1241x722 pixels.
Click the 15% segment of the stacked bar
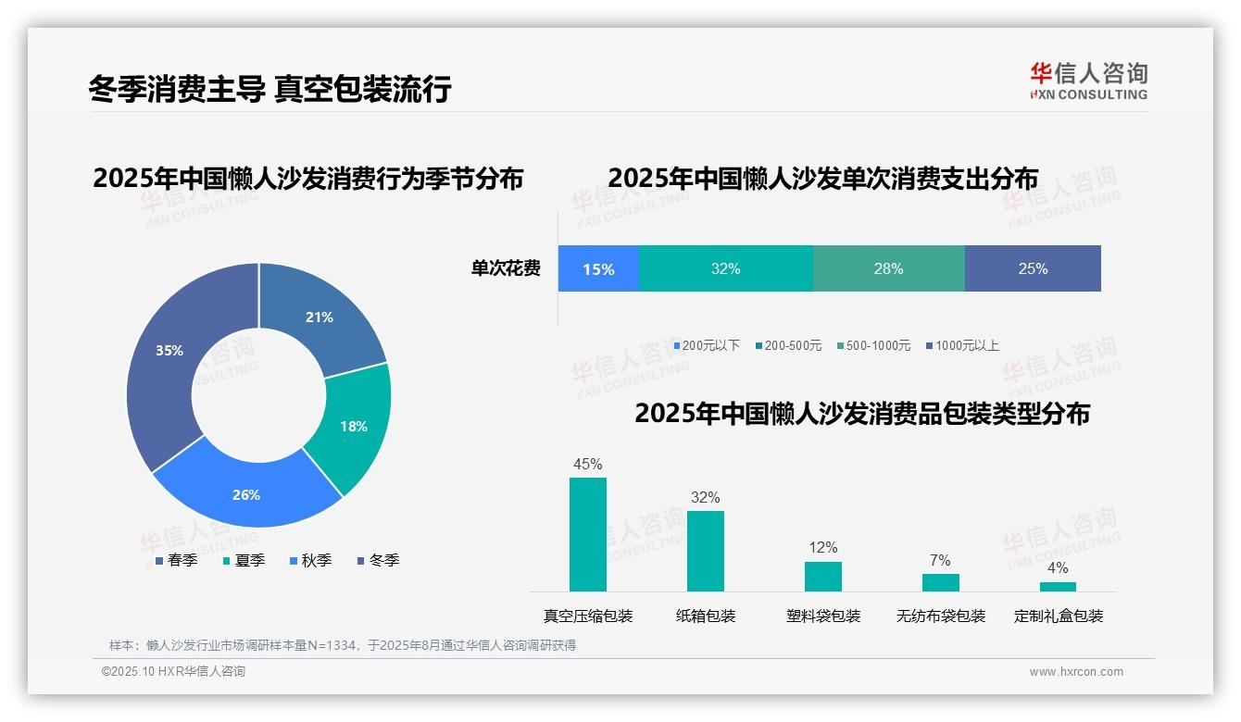click(598, 268)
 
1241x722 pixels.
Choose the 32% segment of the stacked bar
click(726, 268)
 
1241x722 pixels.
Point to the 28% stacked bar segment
click(888, 268)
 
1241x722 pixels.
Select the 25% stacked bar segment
click(1033, 268)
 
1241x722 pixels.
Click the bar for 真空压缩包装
click(588, 534)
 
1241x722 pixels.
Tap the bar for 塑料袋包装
click(822, 576)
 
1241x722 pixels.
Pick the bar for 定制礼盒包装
click(1058, 586)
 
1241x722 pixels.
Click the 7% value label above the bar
click(940, 560)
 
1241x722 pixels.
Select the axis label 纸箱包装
click(706, 616)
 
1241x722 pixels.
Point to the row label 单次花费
click(506, 268)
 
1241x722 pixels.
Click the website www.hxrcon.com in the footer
click(1076, 671)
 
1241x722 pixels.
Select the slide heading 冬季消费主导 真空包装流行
click(270, 89)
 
